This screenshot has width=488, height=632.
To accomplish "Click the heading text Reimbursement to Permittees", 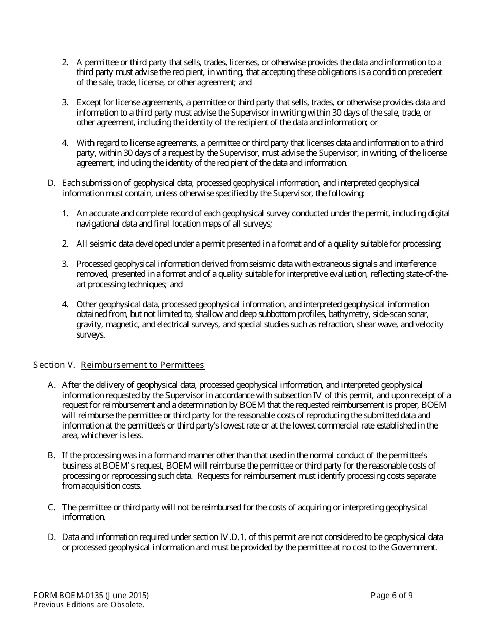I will [142, 365].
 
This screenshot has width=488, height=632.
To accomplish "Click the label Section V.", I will [54, 365].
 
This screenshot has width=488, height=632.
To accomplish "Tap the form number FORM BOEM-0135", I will [68, 596].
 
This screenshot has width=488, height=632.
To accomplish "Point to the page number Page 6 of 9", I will [391, 596].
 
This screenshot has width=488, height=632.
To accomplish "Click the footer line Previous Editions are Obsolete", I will [88, 605].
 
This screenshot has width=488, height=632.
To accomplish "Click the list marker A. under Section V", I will [51, 385].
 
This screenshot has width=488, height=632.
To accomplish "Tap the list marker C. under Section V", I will [51, 508].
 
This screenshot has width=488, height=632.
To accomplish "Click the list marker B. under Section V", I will [51, 456].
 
